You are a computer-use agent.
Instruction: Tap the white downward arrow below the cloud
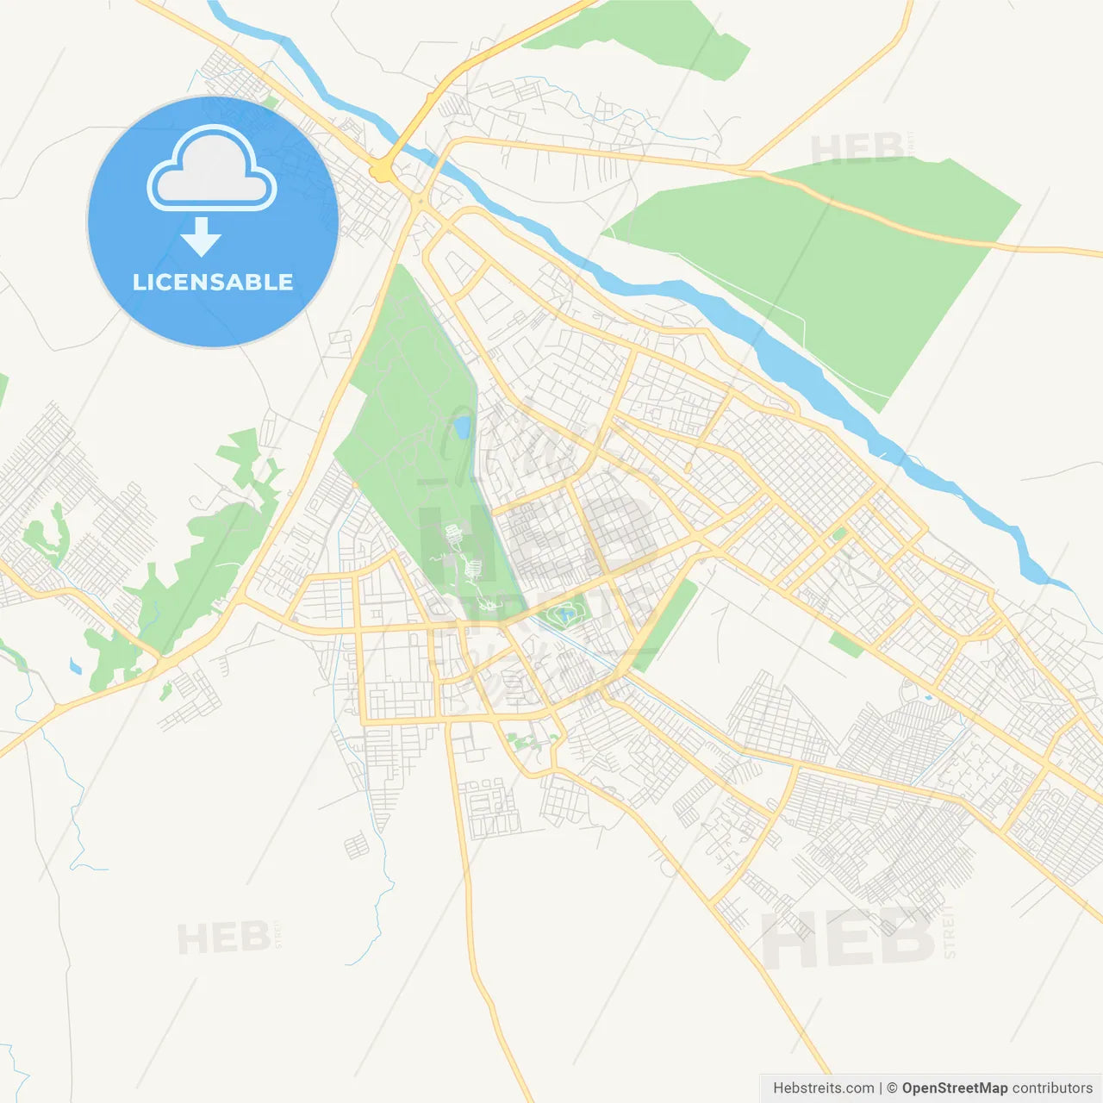pos(201,236)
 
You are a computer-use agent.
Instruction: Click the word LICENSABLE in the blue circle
pos(213,282)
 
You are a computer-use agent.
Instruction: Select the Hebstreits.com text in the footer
pos(823,1088)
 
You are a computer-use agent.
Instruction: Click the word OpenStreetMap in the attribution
pos(954,1088)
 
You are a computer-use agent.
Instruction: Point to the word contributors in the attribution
pos(1052,1088)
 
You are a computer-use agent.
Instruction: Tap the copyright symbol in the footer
pos(892,1088)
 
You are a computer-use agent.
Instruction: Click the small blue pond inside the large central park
pos(463,426)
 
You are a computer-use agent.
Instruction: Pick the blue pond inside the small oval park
pos(564,615)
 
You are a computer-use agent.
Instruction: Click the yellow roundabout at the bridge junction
pos(380,172)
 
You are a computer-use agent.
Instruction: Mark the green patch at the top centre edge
pos(646,34)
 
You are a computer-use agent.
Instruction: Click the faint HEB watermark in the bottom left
pos(222,938)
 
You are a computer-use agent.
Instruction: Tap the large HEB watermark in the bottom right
pos(849,938)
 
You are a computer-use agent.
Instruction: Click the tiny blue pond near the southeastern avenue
pos(927,696)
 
